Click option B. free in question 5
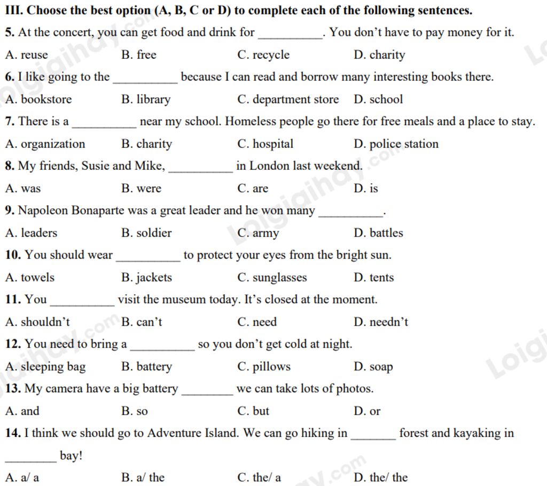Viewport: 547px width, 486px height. coord(139,55)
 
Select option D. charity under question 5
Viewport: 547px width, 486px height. coord(379,55)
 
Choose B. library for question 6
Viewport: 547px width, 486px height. coord(146,99)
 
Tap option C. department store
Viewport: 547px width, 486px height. coord(288,99)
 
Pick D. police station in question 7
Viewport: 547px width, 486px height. coord(396,144)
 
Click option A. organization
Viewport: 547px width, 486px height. coord(45,144)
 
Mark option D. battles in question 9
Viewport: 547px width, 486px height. coord(378,233)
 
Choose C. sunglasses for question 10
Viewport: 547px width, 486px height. coord(272,278)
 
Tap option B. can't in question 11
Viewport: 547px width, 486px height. coord(142,322)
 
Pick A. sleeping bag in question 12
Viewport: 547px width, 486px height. coord(45,367)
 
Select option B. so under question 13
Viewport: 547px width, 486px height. coord(135,411)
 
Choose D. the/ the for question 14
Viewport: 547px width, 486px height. coord(380,477)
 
